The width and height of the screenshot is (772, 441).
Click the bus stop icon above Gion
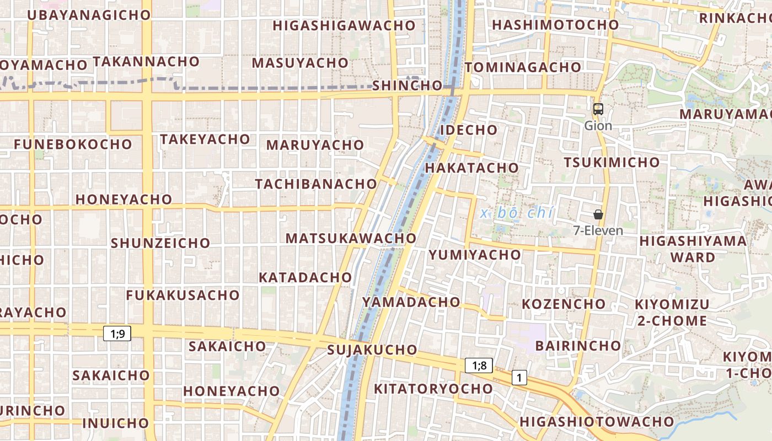[598, 109]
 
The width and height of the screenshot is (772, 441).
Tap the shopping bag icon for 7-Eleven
[598, 214]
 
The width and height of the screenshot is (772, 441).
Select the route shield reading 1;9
[117, 333]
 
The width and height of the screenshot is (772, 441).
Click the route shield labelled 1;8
[479, 365]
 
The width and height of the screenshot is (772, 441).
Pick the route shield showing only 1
[519, 378]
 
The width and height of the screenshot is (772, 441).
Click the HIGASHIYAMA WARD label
[693, 249]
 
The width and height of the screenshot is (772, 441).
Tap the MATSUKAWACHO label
[351, 238]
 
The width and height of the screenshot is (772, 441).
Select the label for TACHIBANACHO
[315, 184]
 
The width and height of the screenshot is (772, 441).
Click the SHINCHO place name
[407, 85]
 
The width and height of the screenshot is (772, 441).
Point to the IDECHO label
[469, 130]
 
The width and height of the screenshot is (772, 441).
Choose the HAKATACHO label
[472, 168]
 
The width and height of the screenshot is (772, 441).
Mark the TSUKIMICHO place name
[612, 162]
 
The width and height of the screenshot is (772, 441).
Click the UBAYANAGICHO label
[89, 15]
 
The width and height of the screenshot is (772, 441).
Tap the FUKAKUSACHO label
[183, 295]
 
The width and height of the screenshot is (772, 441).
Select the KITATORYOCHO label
[433, 389]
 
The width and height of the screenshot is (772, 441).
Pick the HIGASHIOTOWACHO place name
[597, 422]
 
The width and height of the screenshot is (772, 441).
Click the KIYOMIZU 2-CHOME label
[671, 313]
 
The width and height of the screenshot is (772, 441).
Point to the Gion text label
[598, 126]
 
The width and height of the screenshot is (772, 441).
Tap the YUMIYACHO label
[475, 255]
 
